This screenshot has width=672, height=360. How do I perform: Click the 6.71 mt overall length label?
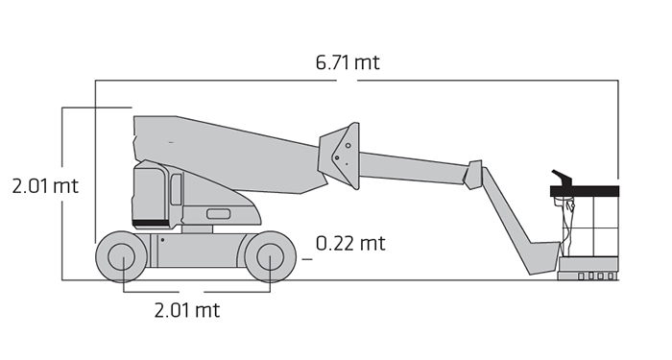click(348, 62)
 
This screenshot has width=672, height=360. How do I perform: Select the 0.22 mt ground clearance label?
click(350, 244)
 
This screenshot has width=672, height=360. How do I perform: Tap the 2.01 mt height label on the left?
click(45, 186)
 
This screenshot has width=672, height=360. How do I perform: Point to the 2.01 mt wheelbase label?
click(187, 310)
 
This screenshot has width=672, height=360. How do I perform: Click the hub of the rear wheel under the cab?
click(122, 256)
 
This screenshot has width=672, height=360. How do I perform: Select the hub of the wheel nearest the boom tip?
click(270, 256)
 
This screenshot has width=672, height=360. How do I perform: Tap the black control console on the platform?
click(562, 178)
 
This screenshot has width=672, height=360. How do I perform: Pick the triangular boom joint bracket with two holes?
click(339, 156)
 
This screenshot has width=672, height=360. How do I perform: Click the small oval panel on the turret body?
click(219, 214)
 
